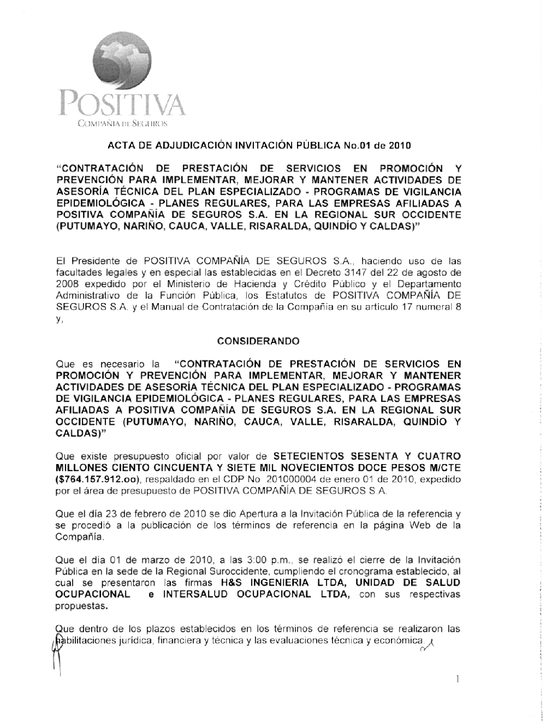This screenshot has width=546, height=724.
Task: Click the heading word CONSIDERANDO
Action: tap(258, 341)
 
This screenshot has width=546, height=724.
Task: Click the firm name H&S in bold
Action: tap(232, 583)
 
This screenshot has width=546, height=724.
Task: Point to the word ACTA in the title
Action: tap(119, 146)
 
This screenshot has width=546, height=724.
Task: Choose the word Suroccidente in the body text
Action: tap(262, 571)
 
